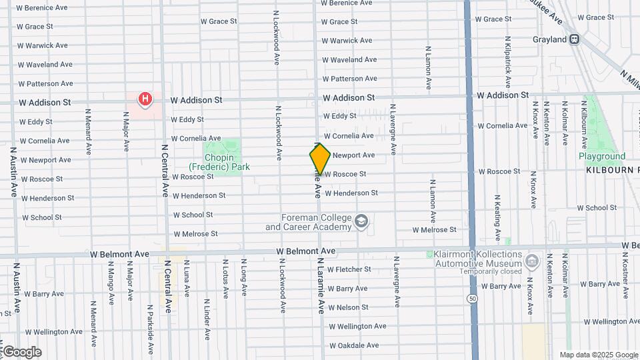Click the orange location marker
tap(320, 159)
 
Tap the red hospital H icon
tap(145, 100)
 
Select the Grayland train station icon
tap(574, 39)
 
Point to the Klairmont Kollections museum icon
tap(532, 259)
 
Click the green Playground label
tap(602, 157)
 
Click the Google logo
tap(21, 351)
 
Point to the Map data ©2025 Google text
tap(599, 355)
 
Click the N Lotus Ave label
tap(226, 279)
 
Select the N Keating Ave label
tap(497, 218)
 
